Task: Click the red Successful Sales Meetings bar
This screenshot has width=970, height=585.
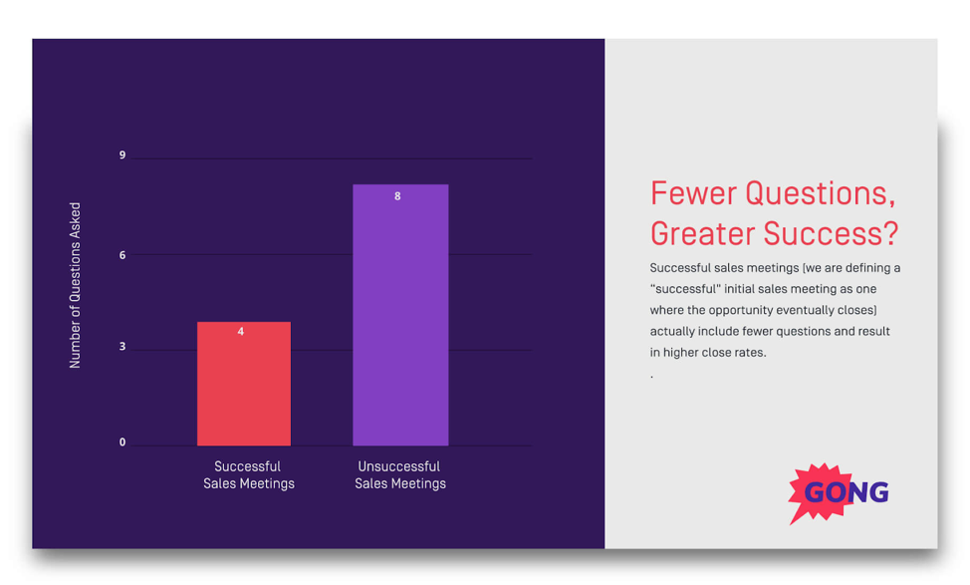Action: click(244, 384)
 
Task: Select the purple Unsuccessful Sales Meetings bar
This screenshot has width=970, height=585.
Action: click(400, 315)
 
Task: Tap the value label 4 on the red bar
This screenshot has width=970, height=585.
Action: click(241, 332)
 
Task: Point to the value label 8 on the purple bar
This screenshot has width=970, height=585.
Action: click(397, 196)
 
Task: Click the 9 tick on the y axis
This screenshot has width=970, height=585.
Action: click(122, 154)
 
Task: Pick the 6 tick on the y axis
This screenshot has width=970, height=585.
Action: click(122, 255)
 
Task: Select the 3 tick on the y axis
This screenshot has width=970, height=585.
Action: click(122, 346)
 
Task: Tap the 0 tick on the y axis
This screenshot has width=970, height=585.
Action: click(122, 442)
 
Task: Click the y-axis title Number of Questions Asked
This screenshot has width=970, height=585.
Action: click(75, 285)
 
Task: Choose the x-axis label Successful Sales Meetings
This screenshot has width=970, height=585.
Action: click(249, 474)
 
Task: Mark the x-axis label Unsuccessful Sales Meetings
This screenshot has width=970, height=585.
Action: click(400, 474)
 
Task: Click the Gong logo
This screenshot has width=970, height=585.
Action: click(839, 492)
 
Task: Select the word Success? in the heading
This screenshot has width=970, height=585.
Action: click(831, 234)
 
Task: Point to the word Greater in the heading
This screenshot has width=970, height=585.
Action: click(703, 234)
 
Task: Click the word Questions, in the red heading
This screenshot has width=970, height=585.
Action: click(821, 193)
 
